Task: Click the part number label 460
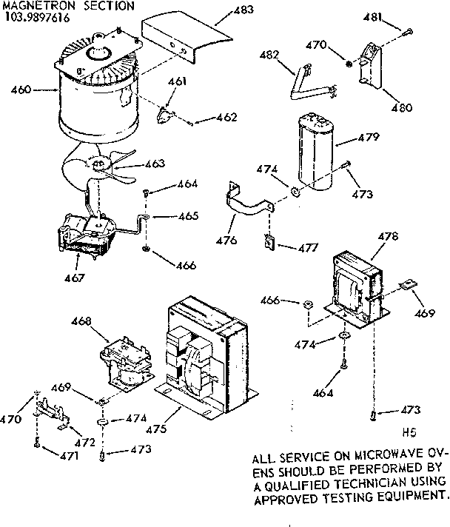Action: [x=21, y=91]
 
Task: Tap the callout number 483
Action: [x=242, y=10]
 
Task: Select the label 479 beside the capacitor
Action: [x=369, y=138]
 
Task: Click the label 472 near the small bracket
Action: [x=85, y=442]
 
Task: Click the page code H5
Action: [x=409, y=434]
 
